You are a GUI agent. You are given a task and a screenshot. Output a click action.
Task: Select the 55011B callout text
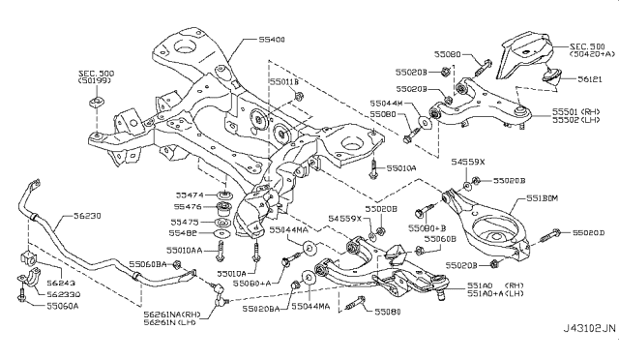tap(286, 84)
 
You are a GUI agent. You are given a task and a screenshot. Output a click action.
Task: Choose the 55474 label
tap(189, 194)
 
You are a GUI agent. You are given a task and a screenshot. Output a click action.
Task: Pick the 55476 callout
tap(189, 207)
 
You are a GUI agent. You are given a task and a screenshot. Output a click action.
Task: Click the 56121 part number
tap(565, 84)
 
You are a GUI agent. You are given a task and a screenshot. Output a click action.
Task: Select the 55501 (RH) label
tap(577, 112)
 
